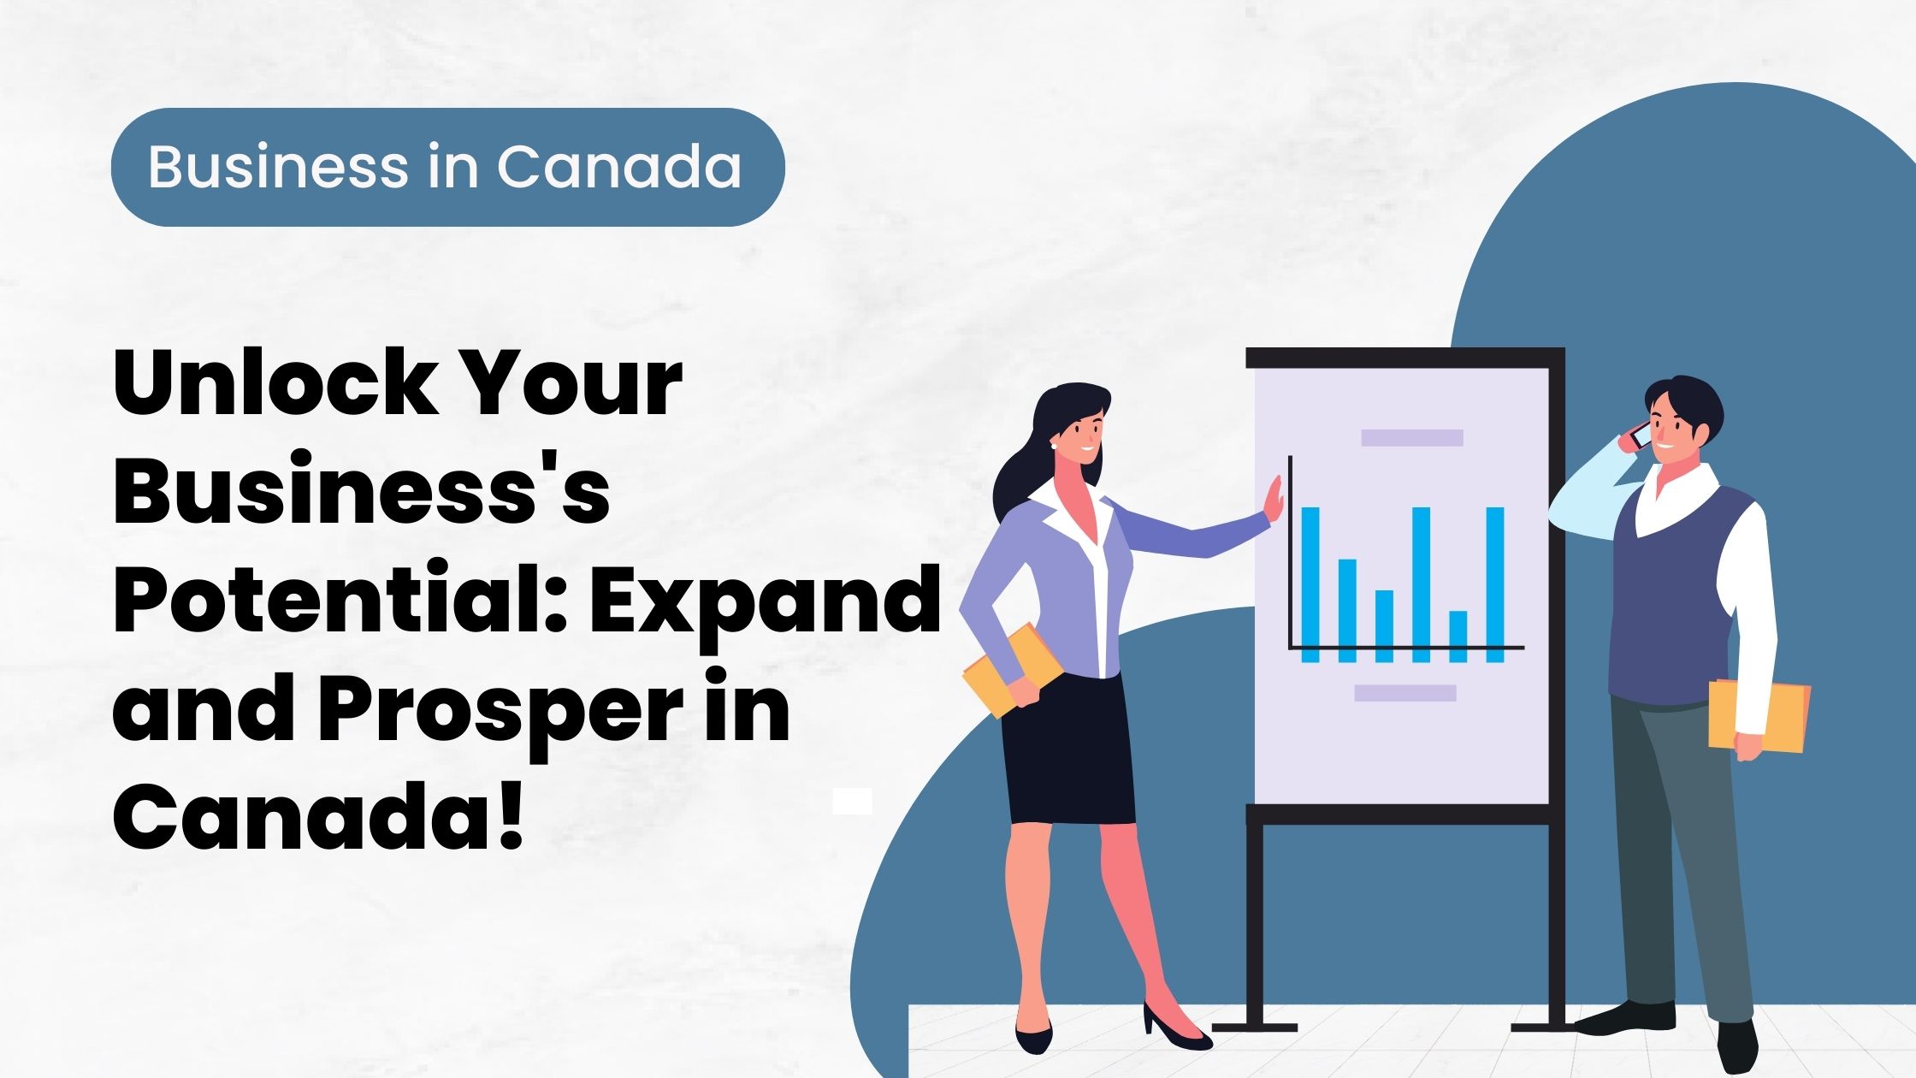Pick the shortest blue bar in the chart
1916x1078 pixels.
[x=1458, y=636]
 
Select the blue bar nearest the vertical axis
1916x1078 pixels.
[x=1310, y=584]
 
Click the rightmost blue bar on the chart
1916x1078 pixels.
[x=1495, y=584]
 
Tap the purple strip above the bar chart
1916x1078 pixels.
[x=1412, y=437]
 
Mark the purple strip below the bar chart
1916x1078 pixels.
[x=1405, y=693]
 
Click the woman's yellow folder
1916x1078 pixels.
[x=1011, y=670]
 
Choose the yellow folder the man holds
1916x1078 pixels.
[x=1759, y=715]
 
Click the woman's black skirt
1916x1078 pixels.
[x=1069, y=749]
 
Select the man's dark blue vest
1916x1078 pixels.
[x=1672, y=599]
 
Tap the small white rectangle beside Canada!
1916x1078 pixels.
[x=852, y=801]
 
